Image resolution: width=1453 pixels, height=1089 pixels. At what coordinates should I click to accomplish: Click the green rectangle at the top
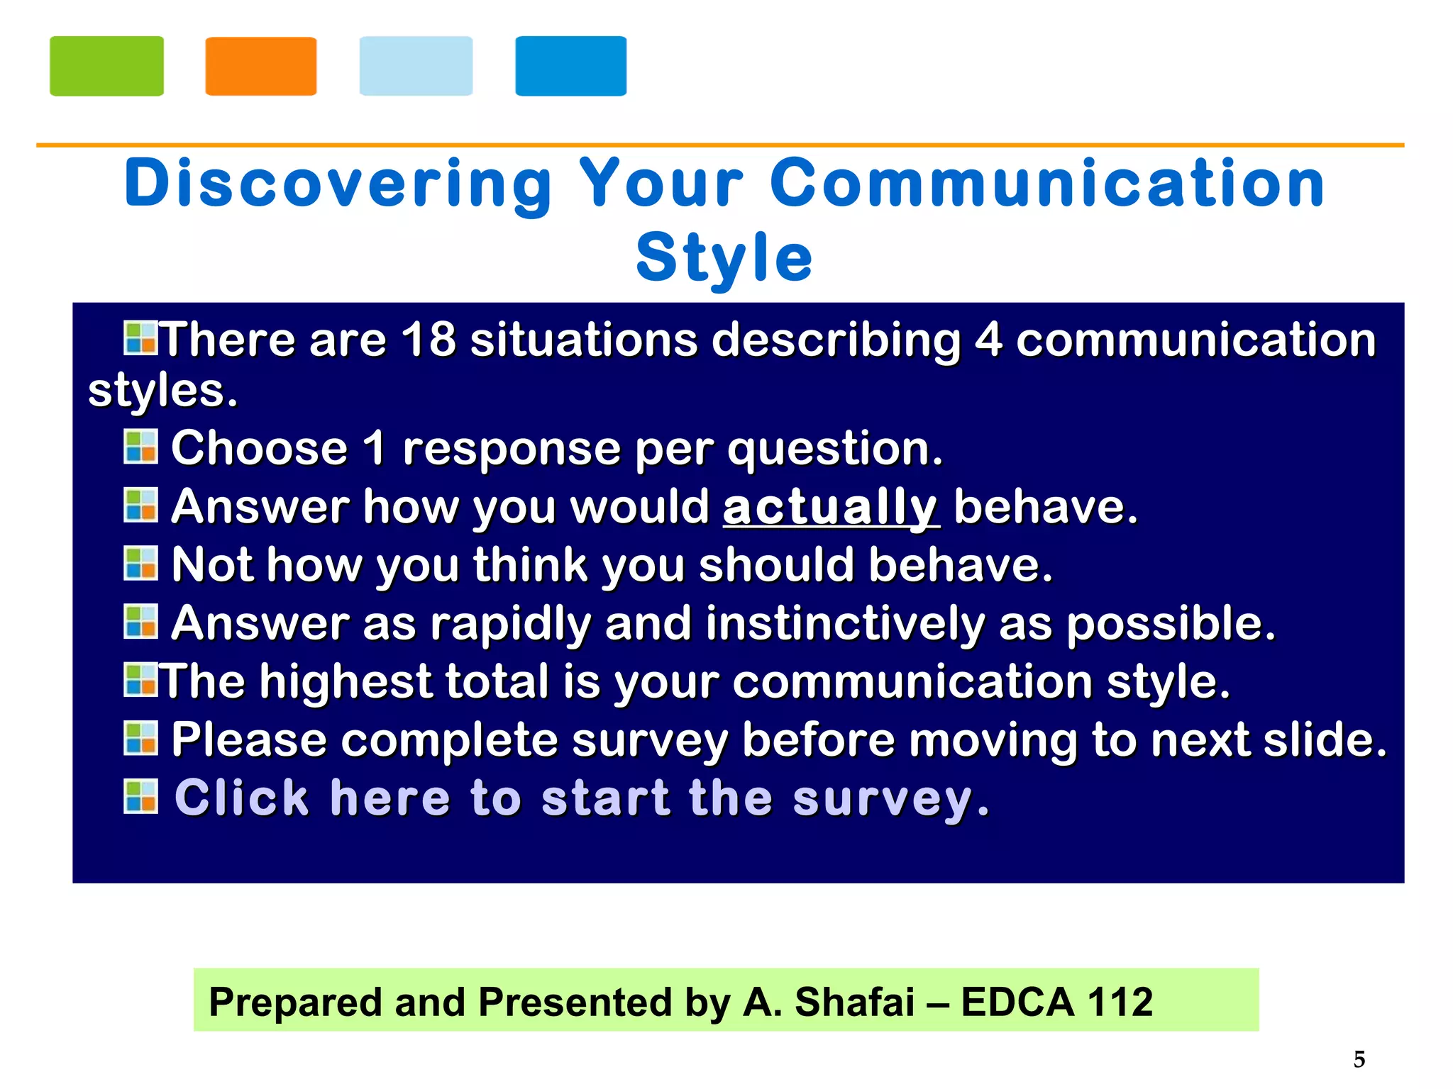(106, 66)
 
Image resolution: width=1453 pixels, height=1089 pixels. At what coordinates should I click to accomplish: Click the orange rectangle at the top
(260, 66)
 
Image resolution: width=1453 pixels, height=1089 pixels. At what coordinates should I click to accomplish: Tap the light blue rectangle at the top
(416, 66)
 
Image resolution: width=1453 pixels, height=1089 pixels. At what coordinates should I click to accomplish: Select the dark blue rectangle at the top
(570, 66)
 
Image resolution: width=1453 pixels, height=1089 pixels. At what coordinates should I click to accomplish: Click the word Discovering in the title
(338, 184)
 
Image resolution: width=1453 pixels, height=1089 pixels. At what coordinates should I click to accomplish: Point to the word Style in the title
(724, 257)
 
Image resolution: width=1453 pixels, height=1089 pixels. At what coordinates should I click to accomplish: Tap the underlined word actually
(831, 508)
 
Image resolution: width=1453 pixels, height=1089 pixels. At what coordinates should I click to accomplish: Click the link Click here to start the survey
(582, 798)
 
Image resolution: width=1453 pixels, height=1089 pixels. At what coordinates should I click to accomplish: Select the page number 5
(1359, 1059)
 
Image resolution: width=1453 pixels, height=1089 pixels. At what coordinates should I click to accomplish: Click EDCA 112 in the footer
(1056, 1002)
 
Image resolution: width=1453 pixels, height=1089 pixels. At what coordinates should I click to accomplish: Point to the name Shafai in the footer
(854, 1002)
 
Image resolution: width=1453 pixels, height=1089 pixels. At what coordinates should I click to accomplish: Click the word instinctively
(845, 624)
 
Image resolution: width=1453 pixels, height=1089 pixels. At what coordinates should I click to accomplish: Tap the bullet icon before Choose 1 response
(140, 447)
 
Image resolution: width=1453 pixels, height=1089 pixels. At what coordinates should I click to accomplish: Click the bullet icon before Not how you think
(140, 563)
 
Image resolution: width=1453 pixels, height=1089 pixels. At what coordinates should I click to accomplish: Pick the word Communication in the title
(1047, 184)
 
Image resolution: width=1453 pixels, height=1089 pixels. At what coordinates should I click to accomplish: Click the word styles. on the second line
(162, 391)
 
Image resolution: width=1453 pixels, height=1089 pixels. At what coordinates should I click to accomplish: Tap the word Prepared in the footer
(295, 1002)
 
